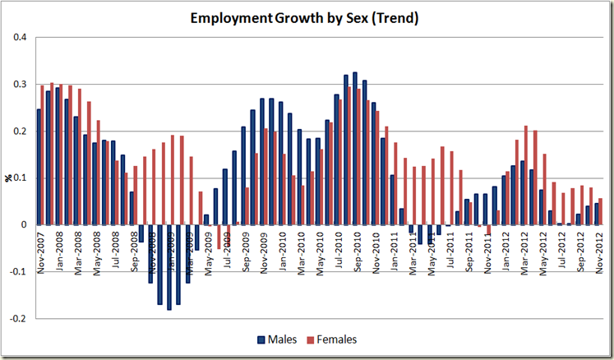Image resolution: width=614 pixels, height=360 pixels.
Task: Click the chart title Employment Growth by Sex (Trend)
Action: [x=303, y=17]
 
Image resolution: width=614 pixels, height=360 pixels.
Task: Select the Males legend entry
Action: [x=277, y=339]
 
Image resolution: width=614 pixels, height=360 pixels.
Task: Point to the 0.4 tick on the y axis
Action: [x=21, y=37]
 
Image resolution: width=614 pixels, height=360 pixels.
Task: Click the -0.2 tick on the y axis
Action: [x=19, y=318]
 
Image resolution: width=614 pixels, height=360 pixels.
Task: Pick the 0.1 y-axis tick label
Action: [x=21, y=178]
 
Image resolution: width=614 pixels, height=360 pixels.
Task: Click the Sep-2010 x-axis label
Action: [x=357, y=253]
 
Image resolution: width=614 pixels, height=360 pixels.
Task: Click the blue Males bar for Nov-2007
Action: [x=38, y=167]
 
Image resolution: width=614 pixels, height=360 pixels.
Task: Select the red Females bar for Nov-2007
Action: [x=43, y=155]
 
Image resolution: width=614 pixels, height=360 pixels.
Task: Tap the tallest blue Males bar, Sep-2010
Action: [x=354, y=148]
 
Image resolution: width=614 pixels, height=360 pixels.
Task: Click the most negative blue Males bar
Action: [x=169, y=267]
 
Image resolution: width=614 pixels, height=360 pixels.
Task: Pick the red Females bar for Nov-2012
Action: [x=601, y=211]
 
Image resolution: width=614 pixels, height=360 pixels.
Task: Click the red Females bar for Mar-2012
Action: [x=526, y=175]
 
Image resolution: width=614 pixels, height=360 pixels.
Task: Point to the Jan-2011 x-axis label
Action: [x=395, y=253]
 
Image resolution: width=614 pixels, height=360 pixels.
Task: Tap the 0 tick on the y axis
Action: [x=24, y=224]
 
